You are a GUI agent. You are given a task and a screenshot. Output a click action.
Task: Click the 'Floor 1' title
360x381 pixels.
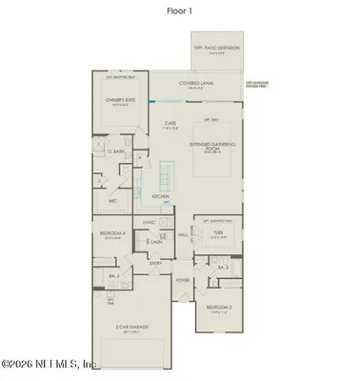[180, 12]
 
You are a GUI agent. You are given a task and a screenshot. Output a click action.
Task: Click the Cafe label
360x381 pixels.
[171, 123]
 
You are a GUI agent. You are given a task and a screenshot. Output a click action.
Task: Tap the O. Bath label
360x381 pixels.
[117, 150]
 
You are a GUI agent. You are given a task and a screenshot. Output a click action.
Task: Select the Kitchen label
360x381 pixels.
[161, 196]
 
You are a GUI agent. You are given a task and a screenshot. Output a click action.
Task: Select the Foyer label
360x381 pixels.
[182, 279]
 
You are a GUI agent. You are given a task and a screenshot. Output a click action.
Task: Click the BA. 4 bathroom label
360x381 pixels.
[112, 275]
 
